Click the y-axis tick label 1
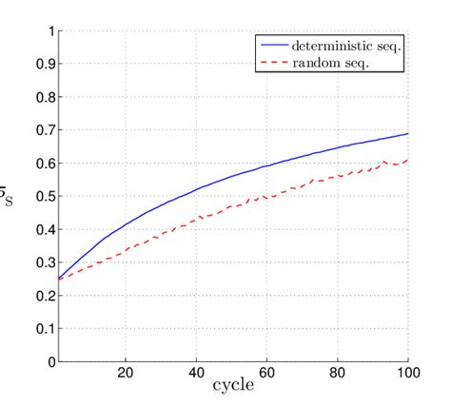[x=50, y=30]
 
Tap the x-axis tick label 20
[x=126, y=374]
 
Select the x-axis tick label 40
[x=197, y=374]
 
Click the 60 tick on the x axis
[x=267, y=374]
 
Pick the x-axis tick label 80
[x=338, y=374]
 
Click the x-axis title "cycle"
[x=232, y=389]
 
